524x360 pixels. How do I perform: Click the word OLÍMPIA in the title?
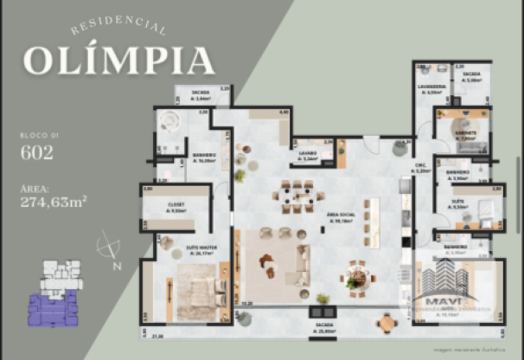[x=118, y=59]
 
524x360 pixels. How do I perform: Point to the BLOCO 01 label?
[x=37, y=136]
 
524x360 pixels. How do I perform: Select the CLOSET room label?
[x=176, y=207]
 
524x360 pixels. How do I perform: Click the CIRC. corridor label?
[x=423, y=170]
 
